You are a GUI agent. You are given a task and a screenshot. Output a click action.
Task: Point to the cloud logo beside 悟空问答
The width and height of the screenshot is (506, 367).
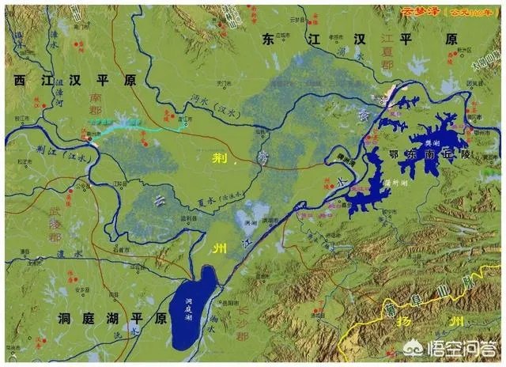coord(436,346)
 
